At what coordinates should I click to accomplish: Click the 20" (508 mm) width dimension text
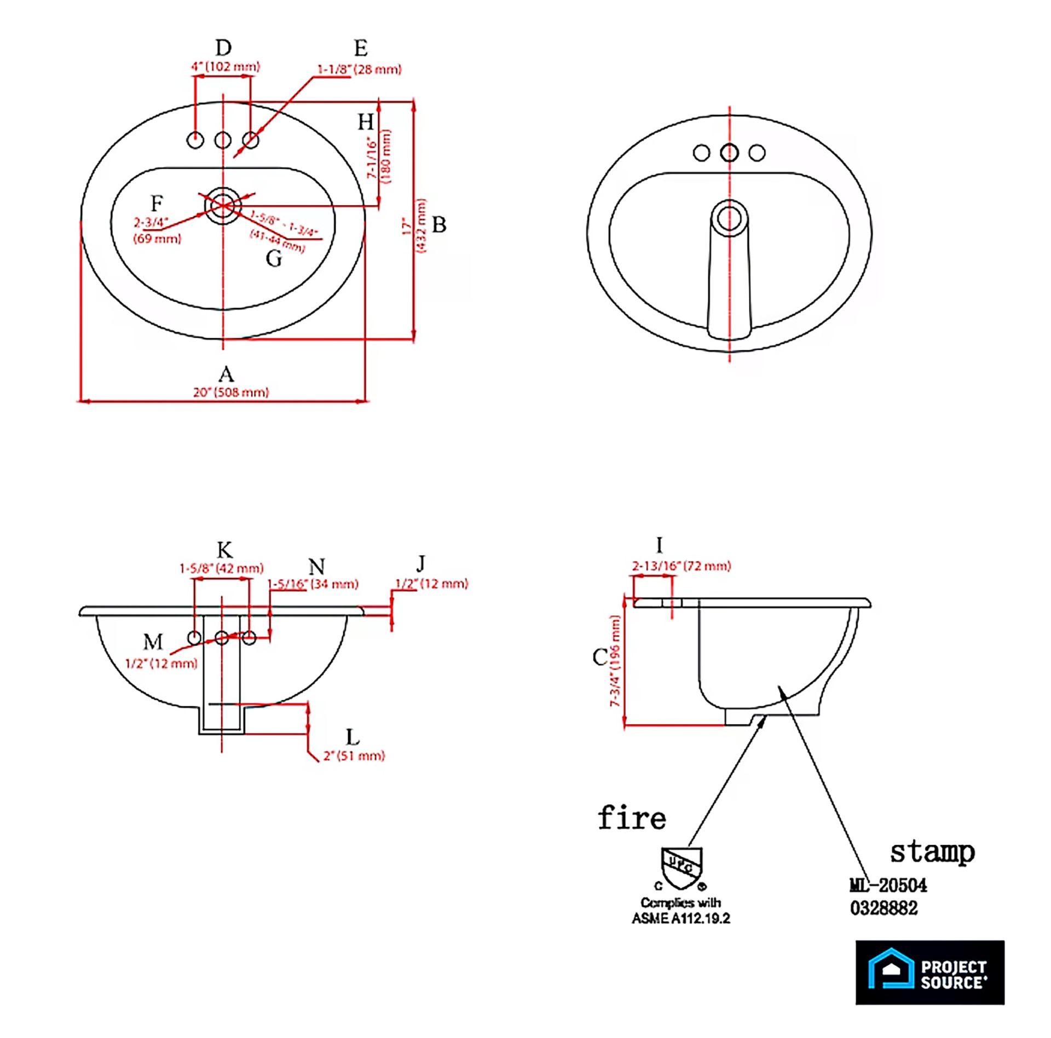[230, 392]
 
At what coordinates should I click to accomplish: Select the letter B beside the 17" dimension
[439, 224]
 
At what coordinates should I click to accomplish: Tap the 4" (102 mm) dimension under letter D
[225, 67]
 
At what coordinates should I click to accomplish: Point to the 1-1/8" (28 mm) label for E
[359, 70]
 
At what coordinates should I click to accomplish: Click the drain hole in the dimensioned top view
[223, 205]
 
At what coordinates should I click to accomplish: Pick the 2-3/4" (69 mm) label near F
[157, 230]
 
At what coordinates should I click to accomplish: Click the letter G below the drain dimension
[274, 258]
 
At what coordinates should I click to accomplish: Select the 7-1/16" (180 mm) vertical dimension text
[379, 157]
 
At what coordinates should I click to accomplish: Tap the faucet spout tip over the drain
[729, 218]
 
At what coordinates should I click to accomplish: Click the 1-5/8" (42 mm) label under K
[221, 568]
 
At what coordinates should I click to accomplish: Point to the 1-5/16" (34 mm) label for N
[313, 584]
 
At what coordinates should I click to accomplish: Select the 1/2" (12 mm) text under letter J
[431, 584]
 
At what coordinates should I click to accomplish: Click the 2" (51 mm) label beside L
[354, 756]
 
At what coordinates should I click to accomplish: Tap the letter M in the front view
[153, 641]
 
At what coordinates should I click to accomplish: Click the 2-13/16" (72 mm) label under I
[681, 566]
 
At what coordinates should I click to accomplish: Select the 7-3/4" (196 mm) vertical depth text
[615, 661]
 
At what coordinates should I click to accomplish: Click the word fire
[632, 818]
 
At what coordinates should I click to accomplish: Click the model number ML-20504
[888, 885]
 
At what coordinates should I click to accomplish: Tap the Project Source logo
[929, 972]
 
